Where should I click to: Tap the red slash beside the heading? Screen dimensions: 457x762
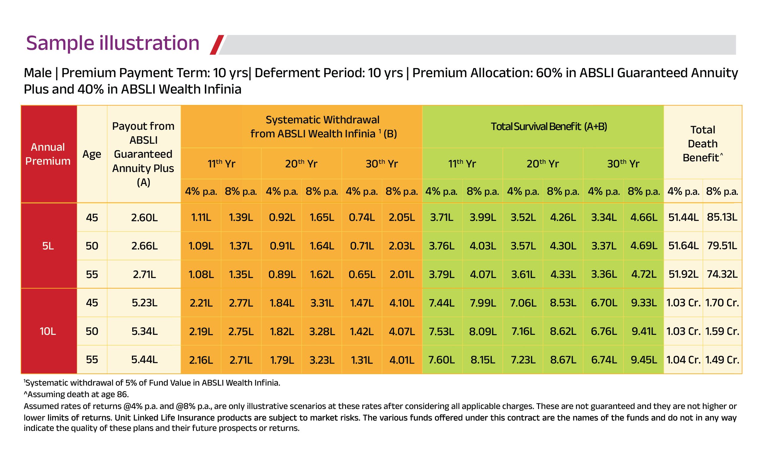[x=217, y=45]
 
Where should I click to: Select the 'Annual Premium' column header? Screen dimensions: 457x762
[x=48, y=154]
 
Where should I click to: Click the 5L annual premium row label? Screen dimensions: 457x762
[x=48, y=246]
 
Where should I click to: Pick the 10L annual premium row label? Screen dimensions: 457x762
[x=48, y=331]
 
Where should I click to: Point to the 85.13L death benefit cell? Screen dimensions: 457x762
[x=722, y=218]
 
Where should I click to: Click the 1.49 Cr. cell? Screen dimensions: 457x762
[x=722, y=360]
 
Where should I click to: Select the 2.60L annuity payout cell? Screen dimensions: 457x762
[x=144, y=218]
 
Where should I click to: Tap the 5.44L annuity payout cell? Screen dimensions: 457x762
[x=144, y=360]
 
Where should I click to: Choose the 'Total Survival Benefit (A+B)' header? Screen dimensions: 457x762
[x=549, y=127]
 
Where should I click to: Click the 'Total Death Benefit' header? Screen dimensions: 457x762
[x=702, y=143]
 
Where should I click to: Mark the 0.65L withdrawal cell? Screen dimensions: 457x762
[x=362, y=274]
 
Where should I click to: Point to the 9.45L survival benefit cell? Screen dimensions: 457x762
[x=644, y=360]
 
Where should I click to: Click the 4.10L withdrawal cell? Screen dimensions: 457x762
[x=401, y=303]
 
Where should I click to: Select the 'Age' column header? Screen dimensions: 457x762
[x=92, y=154]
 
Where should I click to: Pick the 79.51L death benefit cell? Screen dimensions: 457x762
[x=722, y=246]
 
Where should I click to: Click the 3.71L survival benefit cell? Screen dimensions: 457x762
[x=441, y=218]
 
